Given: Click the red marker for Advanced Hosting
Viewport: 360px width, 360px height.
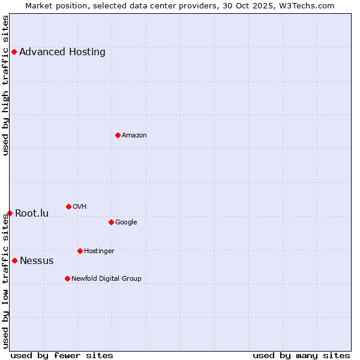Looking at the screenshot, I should point(14,52).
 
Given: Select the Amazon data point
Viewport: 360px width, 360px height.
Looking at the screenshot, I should point(118,135).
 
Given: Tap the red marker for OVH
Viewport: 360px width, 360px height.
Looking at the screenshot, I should point(68,206).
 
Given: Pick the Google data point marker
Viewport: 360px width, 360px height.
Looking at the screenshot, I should point(111,222).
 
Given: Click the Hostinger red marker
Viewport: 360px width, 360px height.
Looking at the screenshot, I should point(80,251).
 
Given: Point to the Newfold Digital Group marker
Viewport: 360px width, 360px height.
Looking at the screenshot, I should point(67,278).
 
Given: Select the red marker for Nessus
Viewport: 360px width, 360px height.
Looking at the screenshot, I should point(14,260).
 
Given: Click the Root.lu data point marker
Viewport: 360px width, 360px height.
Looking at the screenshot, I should point(10,213).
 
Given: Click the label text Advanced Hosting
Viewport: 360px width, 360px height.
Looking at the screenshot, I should point(62,52).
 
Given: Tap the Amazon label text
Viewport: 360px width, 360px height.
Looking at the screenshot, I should point(134,135).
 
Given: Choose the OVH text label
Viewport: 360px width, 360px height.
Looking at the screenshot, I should point(80,206).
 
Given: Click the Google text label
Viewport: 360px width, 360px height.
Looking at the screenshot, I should point(126,222).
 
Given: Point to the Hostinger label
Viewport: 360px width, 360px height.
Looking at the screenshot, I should point(99,251).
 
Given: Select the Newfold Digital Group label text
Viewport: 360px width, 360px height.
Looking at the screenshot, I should point(106,278).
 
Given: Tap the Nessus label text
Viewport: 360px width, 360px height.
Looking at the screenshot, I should point(37,260).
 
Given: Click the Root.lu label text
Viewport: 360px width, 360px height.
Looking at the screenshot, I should point(32,213).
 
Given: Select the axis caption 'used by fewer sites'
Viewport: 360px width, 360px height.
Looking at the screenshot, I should point(62,355).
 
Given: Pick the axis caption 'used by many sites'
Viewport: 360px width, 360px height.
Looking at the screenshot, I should point(301,355).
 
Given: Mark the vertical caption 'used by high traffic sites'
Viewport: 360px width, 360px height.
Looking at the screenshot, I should point(5,85).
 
